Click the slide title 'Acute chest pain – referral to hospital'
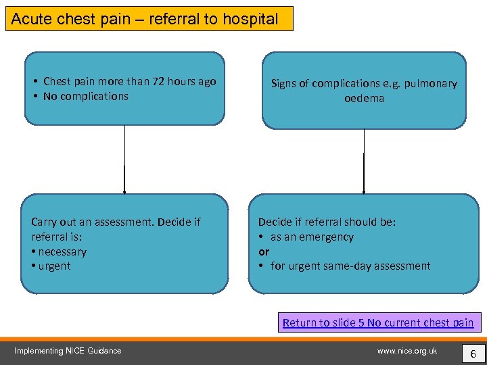tap(145, 19)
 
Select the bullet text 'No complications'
tap(85, 96)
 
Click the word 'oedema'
tap(364, 98)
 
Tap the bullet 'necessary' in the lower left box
tap(62, 251)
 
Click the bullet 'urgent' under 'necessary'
tap(54, 266)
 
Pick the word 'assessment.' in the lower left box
tap(124, 222)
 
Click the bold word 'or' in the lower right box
tap(264, 251)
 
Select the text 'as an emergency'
tap(312, 237)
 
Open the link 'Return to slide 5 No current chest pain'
tap(378, 322)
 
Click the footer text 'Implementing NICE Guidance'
tap(68, 351)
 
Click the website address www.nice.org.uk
tap(407, 351)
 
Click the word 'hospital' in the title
tap(254, 19)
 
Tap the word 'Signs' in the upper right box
tap(283, 84)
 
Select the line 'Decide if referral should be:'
tap(327, 222)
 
